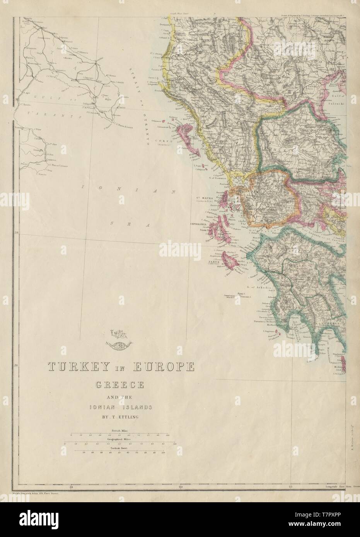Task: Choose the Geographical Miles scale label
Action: (x=119, y=439)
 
